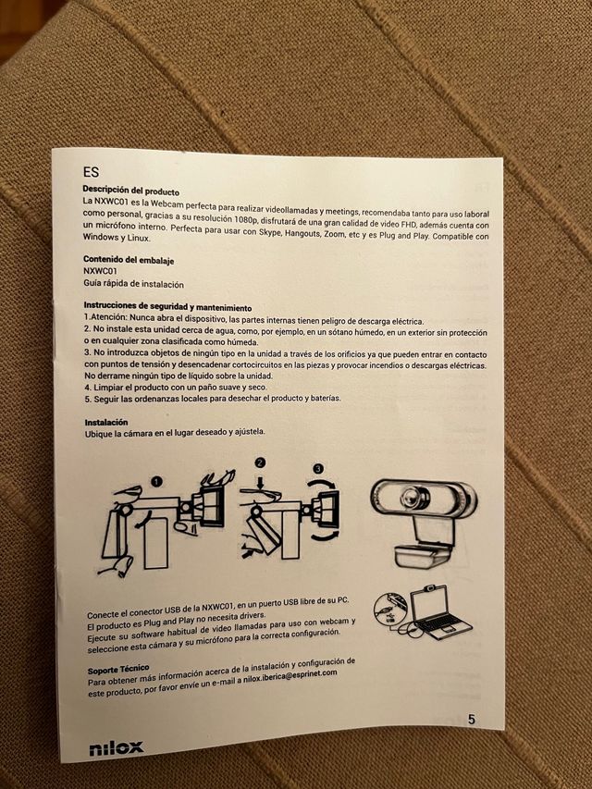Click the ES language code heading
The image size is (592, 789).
point(92,172)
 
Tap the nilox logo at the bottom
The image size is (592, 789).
point(117,748)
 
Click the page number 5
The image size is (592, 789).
point(471,720)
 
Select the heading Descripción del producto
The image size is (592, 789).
point(130,191)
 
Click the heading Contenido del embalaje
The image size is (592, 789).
point(129,260)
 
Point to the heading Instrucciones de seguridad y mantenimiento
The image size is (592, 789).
point(167,306)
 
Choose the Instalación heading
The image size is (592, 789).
point(106,422)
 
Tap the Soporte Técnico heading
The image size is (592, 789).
point(118,670)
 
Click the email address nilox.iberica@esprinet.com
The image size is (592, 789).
point(290,676)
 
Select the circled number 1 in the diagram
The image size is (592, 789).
point(157,482)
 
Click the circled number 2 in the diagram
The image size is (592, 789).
point(260,462)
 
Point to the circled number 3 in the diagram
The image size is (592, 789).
point(318,468)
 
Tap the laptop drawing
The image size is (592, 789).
point(437,612)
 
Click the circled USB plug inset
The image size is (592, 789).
point(390,610)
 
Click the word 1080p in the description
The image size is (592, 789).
point(246,219)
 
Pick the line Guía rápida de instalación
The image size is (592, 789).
point(133,284)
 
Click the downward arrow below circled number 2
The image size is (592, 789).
point(260,483)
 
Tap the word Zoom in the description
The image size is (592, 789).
point(334,234)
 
